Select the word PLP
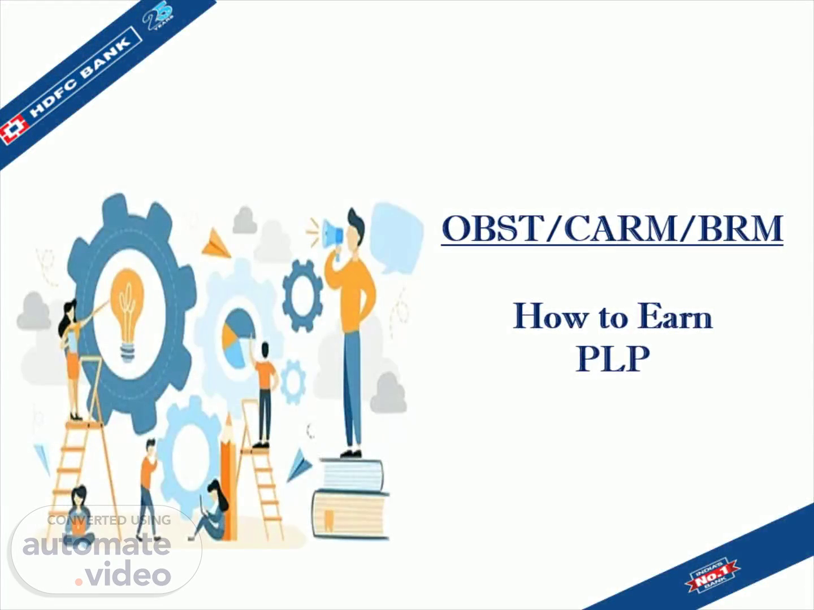pyautogui.click(x=613, y=358)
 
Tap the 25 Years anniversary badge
pyautogui.click(x=159, y=18)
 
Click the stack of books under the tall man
pyautogui.click(x=350, y=499)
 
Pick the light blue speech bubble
pyautogui.click(x=397, y=237)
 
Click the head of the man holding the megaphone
pyautogui.click(x=355, y=226)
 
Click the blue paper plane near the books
pyautogui.click(x=300, y=465)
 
